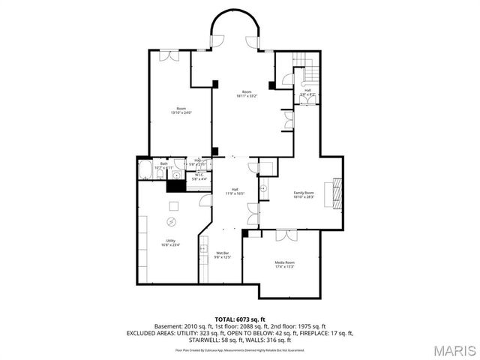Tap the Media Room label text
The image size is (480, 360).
[x=284, y=262]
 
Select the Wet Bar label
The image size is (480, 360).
[x=222, y=253]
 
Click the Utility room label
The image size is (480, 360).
[x=171, y=240]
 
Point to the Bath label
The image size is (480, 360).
[x=163, y=163]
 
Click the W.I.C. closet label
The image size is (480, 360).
[x=199, y=175]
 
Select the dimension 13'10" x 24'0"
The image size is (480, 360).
[x=181, y=112]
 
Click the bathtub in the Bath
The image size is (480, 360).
[x=145, y=172]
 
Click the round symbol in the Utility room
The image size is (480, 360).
[x=171, y=221]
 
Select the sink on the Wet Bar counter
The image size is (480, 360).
[x=203, y=247]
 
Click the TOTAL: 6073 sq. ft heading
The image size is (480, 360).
[x=240, y=319]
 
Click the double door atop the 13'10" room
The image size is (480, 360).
[x=170, y=55]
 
